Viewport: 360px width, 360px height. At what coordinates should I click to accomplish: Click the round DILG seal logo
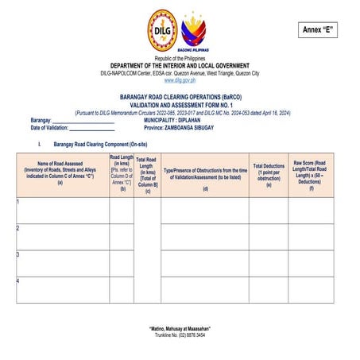pyautogui.click(x=162, y=31)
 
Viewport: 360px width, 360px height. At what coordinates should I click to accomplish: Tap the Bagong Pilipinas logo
pyautogui.click(x=195, y=33)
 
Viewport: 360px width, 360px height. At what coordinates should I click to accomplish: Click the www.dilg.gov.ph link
pyautogui.click(x=180, y=80)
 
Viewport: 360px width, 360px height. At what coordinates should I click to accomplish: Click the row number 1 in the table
pyautogui.click(x=18, y=202)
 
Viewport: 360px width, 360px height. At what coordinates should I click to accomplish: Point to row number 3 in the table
pyautogui.click(x=18, y=254)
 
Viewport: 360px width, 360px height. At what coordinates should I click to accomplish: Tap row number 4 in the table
pyautogui.click(x=18, y=281)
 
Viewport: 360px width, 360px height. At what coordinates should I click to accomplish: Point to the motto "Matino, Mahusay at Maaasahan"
pyautogui.click(x=180, y=328)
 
